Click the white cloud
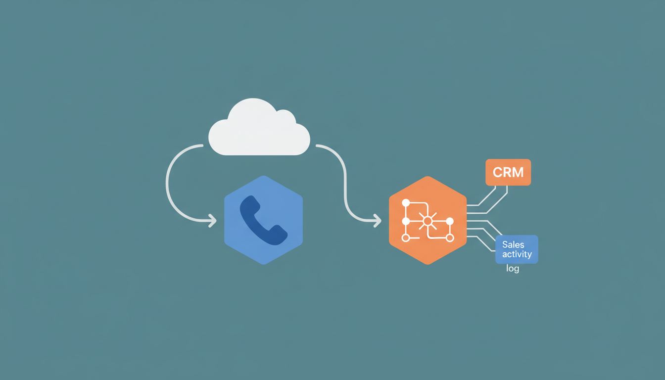(x=259, y=128)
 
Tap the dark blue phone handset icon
(x=263, y=221)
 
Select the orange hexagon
(x=428, y=220)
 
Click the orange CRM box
(x=508, y=172)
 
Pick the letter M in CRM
(x=518, y=173)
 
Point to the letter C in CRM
(x=497, y=173)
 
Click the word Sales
(x=513, y=244)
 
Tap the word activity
(x=517, y=254)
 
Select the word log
(x=513, y=269)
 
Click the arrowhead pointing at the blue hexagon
(x=213, y=221)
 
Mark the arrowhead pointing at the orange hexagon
(x=378, y=221)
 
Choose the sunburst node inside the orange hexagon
(x=427, y=221)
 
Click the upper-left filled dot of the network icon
(x=406, y=203)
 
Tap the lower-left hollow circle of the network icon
(x=406, y=238)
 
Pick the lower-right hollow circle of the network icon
(x=450, y=238)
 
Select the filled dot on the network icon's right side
(x=450, y=221)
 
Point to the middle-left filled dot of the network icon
(x=406, y=221)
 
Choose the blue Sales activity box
(x=517, y=249)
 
